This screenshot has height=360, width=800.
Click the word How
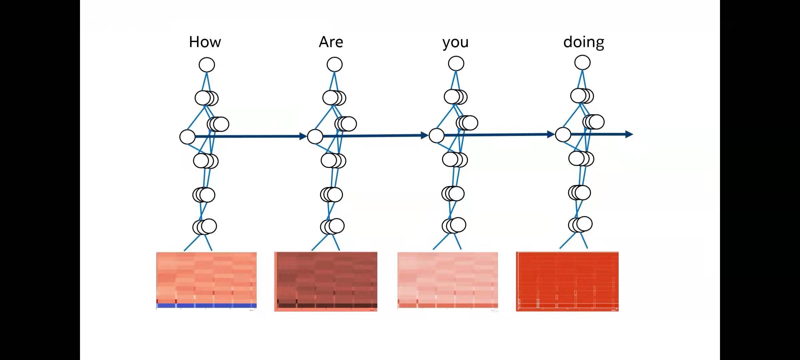[x=205, y=42]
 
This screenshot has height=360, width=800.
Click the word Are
[x=331, y=42]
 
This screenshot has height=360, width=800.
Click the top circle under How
[x=207, y=65]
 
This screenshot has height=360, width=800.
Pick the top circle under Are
[x=335, y=64]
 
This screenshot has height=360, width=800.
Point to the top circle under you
[x=456, y=63]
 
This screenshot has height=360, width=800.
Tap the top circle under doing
[x=582, y=63]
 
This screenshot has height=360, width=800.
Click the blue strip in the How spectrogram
[x=206, y=305]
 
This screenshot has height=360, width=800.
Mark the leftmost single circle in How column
[x=187, y=137]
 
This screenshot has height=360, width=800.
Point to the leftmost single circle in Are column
[x=315, y=137]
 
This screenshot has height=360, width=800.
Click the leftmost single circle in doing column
[x=563, y=135]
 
